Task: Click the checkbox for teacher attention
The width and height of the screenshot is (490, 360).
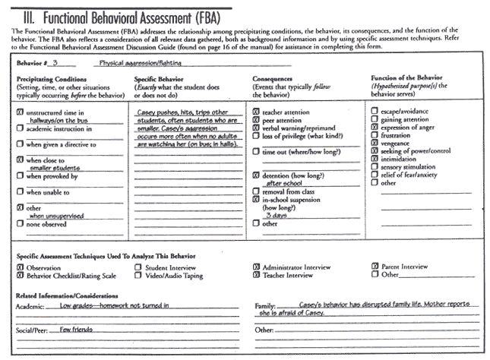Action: point(256,112)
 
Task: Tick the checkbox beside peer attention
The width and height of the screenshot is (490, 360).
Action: point(256,120)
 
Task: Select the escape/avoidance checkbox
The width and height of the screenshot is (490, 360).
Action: point(375,112)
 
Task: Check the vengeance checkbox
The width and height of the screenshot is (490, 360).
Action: point(375,143)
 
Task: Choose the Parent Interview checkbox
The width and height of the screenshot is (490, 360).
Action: point(375,267)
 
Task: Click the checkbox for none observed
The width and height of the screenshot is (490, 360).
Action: point(20,224)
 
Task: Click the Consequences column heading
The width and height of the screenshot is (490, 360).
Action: point(277,79)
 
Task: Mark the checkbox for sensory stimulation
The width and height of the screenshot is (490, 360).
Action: point(375,166)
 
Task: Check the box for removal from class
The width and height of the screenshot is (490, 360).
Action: point(256,191)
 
